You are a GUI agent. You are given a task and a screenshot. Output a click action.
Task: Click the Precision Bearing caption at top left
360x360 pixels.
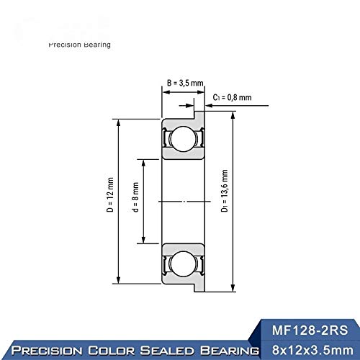[x=79, y=45]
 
